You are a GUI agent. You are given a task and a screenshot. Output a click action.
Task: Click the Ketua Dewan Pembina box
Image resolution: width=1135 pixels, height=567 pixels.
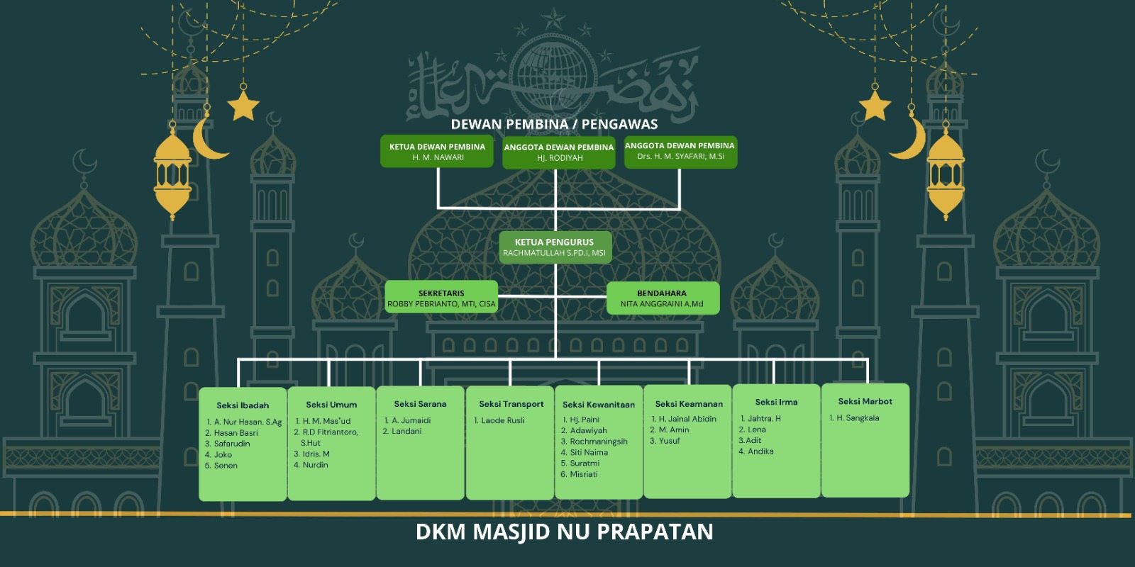437,151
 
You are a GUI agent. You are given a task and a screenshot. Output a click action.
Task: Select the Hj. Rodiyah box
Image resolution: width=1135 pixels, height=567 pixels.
559,152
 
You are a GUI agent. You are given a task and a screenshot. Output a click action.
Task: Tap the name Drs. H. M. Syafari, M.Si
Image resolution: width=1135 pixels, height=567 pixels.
680,157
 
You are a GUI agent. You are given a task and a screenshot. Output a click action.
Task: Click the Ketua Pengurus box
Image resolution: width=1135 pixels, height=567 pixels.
555,247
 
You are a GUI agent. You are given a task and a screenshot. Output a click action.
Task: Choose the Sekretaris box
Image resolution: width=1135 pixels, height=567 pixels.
441,297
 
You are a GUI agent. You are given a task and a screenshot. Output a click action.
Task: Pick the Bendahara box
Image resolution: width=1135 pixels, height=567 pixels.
663,298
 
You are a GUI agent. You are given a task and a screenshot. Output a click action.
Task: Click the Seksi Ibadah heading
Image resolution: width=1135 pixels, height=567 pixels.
243,405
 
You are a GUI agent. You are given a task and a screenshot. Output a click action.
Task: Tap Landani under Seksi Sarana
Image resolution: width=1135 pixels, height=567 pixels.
402,432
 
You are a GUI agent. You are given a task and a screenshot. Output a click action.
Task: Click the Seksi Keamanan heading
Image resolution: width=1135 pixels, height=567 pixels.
689,404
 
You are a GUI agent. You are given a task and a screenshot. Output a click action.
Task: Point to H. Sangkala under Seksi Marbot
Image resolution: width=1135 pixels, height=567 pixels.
854,418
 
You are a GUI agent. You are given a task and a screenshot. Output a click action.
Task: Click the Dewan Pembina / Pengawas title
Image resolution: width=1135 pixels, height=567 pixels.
554,124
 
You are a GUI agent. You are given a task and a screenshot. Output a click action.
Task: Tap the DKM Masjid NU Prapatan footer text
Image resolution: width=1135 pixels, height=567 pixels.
565,532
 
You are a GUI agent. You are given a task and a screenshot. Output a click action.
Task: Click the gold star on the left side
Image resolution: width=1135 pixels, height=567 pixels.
243,106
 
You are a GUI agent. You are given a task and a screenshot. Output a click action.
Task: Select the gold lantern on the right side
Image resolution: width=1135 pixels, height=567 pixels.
946,172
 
